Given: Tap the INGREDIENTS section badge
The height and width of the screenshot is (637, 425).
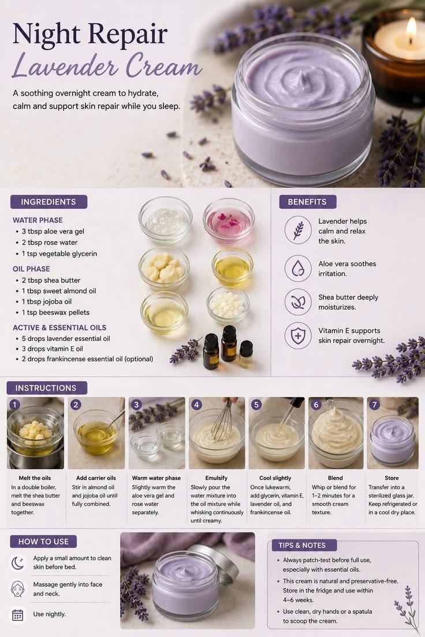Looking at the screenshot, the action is pyautogui.click(x=49, y=202).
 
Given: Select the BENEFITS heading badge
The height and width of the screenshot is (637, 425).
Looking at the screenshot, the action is pyautogui.click(x=307, y=202).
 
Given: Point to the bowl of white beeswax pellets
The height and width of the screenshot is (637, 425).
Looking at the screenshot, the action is pyautogui.click(x=228, y=305).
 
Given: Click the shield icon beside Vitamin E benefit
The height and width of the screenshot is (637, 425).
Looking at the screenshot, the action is pyautogui.click(x=298, y=336).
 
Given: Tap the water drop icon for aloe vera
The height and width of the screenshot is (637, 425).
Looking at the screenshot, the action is pyautogui.click(x=298, y=268).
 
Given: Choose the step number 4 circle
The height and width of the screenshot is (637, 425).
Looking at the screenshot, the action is pyautogui.click(x=196, y=404).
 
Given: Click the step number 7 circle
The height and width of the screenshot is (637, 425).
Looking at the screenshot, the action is pyautogui.click(x=374, y=404).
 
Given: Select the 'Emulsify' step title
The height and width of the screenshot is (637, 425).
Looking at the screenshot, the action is pyautogui.click(x=217, y=478).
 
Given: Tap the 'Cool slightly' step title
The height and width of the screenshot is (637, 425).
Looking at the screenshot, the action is pyautogui.click(x=275, y=478).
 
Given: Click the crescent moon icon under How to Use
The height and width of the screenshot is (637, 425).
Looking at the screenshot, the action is pyautogui.click(x=17, y=563).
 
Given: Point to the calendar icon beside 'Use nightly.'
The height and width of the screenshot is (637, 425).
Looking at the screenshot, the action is pyautogui.click(x=17, y=614).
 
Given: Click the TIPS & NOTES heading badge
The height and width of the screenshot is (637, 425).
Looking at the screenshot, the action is pyautogui.click(x=302, y=545).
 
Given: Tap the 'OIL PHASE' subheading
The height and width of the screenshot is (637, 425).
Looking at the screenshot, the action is pyautogui.click(x=31, y=269).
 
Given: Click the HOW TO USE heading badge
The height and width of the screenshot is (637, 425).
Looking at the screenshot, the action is pyautogui.click(x=43, y=542).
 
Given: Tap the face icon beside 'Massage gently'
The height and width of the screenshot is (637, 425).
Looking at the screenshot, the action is pyautogui.click(x=17, y=589).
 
